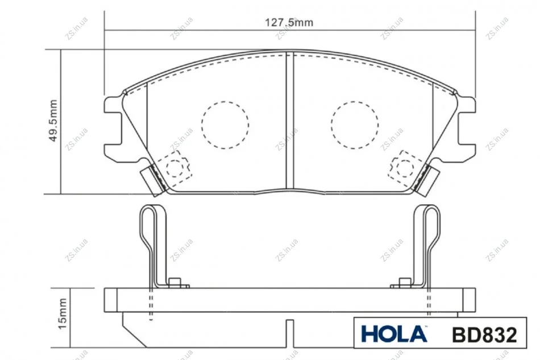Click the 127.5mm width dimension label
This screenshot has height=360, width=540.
tap(289, 22)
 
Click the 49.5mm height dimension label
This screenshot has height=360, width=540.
tap(53, 121)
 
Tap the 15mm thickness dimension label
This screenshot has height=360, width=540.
tap(63, 314)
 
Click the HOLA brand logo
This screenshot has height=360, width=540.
tap(394, 334)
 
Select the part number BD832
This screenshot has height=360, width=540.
tap(484, 334)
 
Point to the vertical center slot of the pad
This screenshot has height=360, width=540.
tap(290, 121)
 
